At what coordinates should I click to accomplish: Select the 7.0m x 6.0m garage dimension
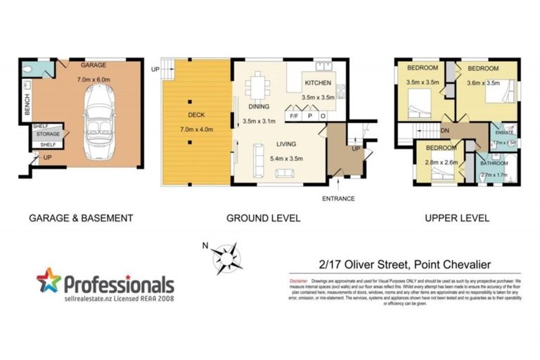[94, 80]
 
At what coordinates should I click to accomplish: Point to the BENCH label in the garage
[27, 105]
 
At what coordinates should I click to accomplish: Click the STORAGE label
[48, 134]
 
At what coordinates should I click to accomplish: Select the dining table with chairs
[257, 87]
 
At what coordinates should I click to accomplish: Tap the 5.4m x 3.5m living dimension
[285, 159]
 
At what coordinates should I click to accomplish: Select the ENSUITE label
[505, 132]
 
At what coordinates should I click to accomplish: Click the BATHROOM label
[494, 163]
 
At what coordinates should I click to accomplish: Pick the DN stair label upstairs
[445, 130]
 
